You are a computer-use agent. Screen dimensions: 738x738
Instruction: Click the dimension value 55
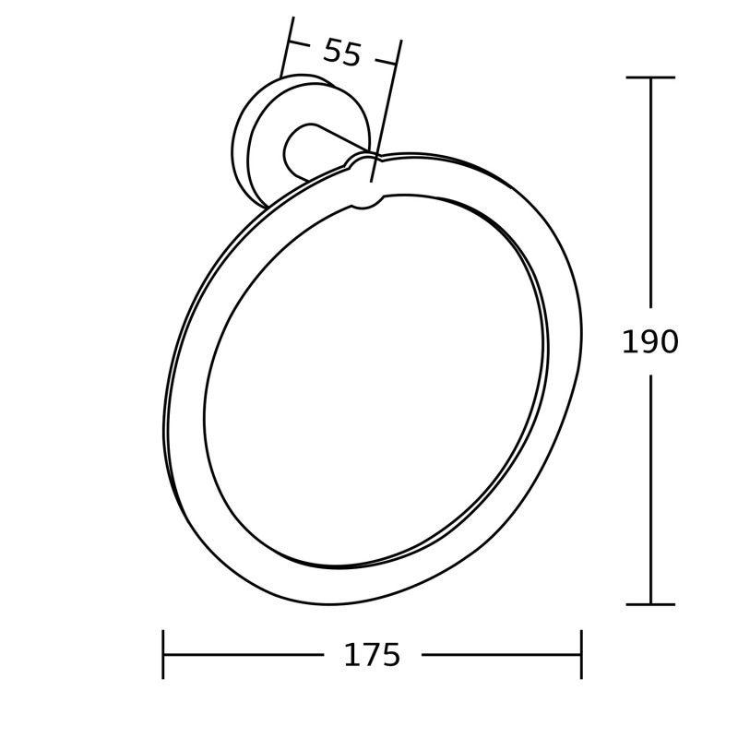[341, 53]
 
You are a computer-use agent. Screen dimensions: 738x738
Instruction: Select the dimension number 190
[650, 342]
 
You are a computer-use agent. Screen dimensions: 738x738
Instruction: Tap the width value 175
[372, 655]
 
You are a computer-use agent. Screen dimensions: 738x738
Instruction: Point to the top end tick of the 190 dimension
[650, 77]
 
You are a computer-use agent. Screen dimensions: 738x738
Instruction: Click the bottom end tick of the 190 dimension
[650, 604]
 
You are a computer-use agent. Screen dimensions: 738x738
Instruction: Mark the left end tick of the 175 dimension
[163, 654]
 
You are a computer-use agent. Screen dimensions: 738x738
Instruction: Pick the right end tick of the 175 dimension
[581, 654]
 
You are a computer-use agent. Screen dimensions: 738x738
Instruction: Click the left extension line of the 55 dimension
[287, 46]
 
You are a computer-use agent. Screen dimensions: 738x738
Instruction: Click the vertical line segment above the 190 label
[651, 194]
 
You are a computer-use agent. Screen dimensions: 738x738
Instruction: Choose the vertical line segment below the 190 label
[651, 489]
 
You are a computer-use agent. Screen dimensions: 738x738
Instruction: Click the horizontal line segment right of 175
[503, 655]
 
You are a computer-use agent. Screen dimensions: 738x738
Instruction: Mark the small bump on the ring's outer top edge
[359, 161]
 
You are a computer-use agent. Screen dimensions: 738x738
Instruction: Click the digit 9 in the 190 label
[649, 342]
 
